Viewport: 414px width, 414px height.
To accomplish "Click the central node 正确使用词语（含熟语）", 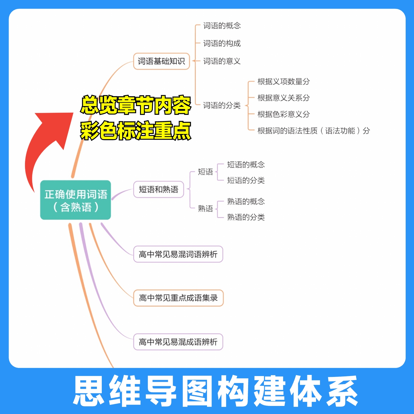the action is (76, 200).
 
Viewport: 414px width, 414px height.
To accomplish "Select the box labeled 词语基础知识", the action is (161, 61).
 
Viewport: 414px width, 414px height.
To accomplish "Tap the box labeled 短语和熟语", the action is (158, 189).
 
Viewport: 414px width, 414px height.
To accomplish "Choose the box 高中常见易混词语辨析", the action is (178, 254).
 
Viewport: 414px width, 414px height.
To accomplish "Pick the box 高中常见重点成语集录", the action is (178, 298).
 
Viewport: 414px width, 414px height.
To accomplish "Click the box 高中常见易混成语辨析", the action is (178, 342).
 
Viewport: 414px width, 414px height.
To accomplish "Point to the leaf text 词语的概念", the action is (222, 26).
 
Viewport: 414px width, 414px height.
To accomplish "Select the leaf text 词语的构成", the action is (222, 43).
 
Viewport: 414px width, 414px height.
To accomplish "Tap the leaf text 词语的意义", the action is (222, 61).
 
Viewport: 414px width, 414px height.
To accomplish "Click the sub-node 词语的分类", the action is (222, 106).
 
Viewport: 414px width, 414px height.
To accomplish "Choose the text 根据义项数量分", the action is (283, 82).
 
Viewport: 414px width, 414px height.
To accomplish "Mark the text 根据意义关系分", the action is (283, 98).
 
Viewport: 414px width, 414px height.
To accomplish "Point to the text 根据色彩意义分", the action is (283, 114).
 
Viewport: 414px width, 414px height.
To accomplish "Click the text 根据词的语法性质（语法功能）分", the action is (313, 131).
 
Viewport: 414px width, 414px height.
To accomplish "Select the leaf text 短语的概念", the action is (246, 165).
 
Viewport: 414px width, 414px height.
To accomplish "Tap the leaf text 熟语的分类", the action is (246, 217).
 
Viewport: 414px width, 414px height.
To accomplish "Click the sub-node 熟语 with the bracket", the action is (205, 208).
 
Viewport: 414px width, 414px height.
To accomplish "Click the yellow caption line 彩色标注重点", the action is (135, 131).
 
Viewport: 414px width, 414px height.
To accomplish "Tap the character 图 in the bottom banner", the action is (200, 391).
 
